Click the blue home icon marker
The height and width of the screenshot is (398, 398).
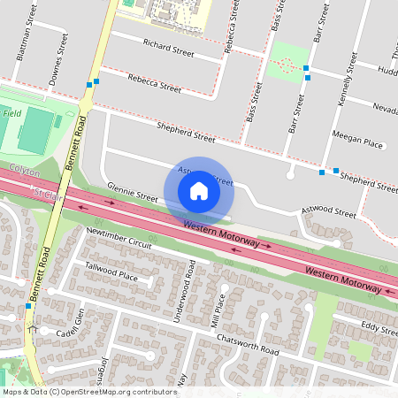(x=199, y=190)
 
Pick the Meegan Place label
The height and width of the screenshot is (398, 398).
(x=356, y=142)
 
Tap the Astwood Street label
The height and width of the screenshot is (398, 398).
(x=327, y=212)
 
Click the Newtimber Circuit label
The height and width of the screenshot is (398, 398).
(x=119, y=237)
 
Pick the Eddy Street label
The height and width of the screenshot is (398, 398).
(x=379, y=328)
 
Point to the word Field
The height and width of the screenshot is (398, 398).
(x=11, y=113)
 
